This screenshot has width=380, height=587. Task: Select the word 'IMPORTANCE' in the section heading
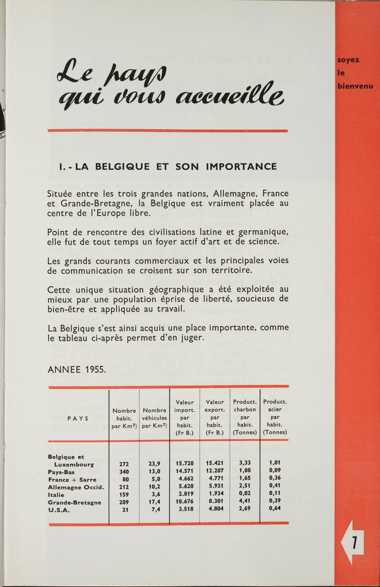point(241,166)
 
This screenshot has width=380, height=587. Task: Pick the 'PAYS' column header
point(78,418)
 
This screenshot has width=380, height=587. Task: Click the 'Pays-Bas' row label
point(62,472)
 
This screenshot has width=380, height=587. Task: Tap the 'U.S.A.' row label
point(59,510)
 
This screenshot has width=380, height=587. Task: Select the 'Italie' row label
point(56,495)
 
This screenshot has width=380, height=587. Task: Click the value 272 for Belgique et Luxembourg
point(124,464)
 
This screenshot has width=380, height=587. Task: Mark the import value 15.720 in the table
point(185,464)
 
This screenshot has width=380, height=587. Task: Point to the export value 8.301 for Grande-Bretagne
point(216,502)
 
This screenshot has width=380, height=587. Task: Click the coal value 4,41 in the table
point(245,502)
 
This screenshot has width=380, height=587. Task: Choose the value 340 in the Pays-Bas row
point(124,472)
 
